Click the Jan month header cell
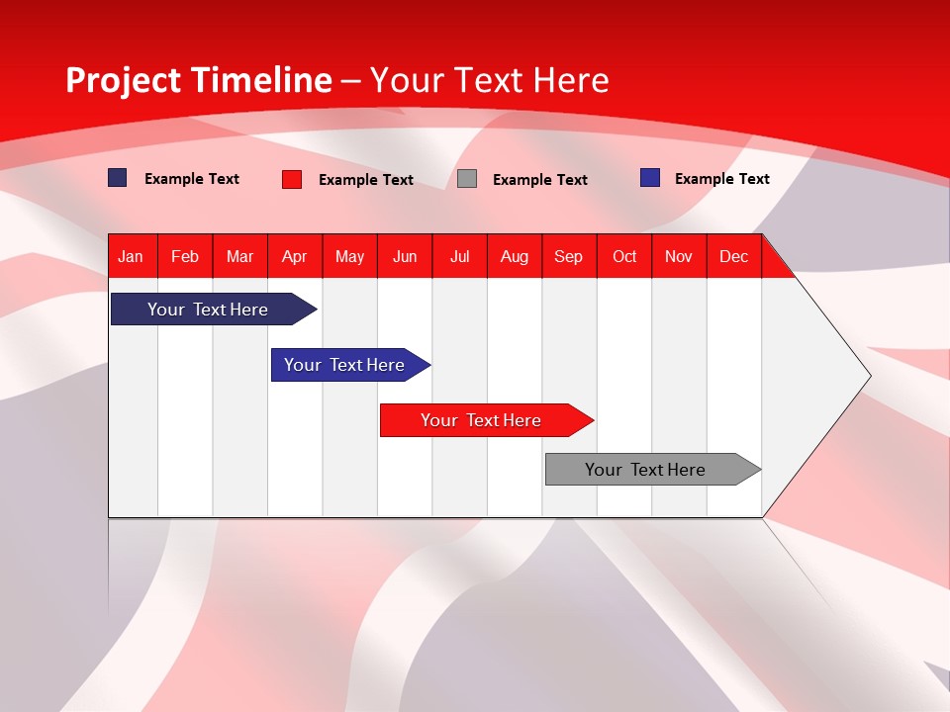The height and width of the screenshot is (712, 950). click(x=132, y=256)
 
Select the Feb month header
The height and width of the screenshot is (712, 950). click(x=185, y=256)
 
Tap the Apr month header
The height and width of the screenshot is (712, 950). click(x=295, y=256)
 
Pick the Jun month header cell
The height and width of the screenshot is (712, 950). click(x=405, y=256)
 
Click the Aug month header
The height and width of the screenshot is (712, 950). click(x=515, y=256)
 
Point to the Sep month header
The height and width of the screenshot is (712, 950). click(x=569, y=256)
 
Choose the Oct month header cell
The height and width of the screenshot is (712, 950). click(x=624, y=256)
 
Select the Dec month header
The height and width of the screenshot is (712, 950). click(x=734, y=256)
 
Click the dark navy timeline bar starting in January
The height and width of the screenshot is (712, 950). click(x=208, y=310)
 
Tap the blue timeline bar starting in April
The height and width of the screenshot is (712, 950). click(x=344, y=365)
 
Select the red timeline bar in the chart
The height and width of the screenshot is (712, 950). click(x=481, y=420)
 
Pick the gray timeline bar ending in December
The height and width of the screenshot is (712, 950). click(x=645, y=470)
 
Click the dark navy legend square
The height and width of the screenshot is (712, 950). click(x=118, y=178)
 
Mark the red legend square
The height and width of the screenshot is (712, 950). click(x=292, y=179)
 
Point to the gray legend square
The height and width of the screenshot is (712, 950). click(x=467, y=179)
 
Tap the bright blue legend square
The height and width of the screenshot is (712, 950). click(x=650, y=178)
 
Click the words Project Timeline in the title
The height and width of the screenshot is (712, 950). click(x=198, y=80)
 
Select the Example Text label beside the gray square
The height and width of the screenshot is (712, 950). click(x=540, y=180)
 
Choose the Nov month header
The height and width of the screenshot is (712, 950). click(x=679, y=256)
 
